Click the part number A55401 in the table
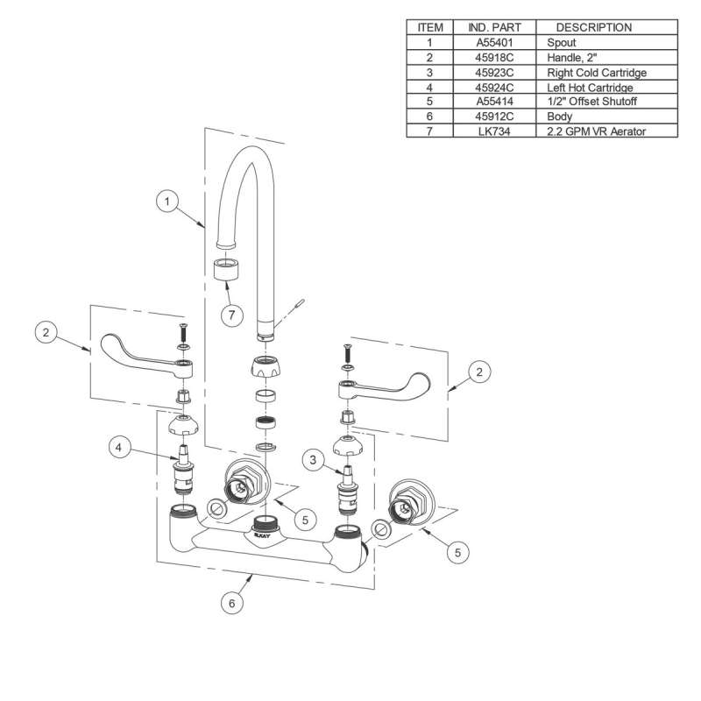point(494,43)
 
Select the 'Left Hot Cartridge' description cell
point(606,87)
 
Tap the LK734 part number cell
point(494,131)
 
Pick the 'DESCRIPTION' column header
point(594,27)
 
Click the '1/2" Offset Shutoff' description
point(591,102)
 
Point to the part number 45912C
point(494,117)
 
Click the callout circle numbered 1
point(167,202)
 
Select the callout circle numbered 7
point(231,315)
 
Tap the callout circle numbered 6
point(231,603)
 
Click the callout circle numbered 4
point(119,448)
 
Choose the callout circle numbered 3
point(313,459)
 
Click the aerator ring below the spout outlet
point(226,269)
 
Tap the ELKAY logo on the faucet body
point(262,535)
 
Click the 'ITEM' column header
point(430,27)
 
